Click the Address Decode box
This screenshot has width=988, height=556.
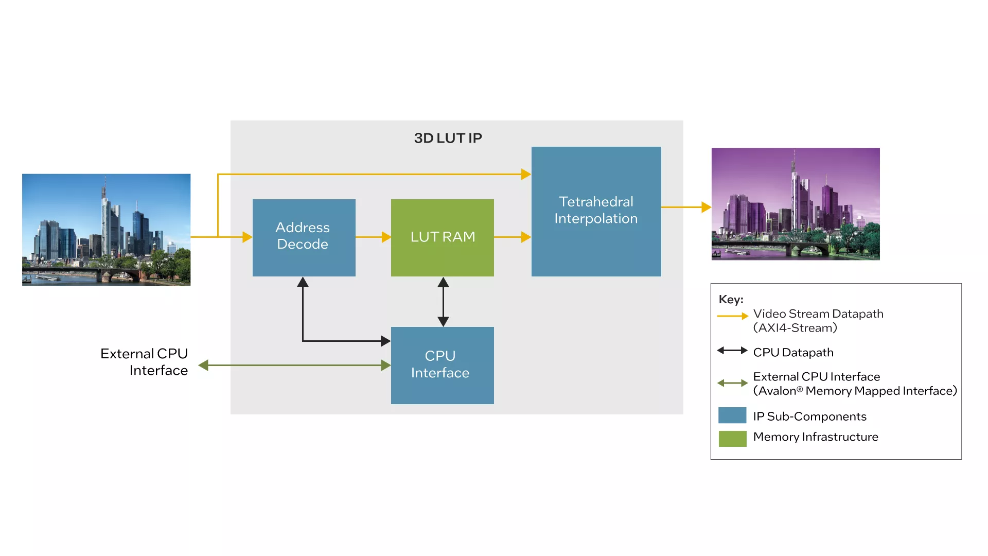[304, 237]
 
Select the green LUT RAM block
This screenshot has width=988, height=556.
[442, 237]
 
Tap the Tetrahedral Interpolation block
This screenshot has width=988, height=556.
[596, 211]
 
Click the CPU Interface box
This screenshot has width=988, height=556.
[442, 365]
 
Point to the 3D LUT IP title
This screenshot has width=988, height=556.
[448, 138]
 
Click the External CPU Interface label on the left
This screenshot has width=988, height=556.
[145, 362]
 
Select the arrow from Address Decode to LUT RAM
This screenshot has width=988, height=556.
[373, 237]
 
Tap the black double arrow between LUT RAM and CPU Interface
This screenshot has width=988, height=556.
[443, 302]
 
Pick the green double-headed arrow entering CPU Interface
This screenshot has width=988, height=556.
[294, 366]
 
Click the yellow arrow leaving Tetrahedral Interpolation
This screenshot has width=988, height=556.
[686, 207]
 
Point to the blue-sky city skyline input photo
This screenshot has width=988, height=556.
[106, 230]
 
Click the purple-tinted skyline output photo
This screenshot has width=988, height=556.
[795, 204]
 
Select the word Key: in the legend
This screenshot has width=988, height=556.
[731, 300]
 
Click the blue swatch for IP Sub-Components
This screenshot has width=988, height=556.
[732, 415]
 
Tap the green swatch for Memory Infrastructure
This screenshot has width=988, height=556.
[732, 439]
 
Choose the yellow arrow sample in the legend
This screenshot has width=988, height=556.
[732, 316]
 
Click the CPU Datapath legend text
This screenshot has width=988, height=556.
[793, 353]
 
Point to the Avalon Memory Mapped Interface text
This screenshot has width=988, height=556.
[855, 391]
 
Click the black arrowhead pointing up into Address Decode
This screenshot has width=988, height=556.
[303, 282]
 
